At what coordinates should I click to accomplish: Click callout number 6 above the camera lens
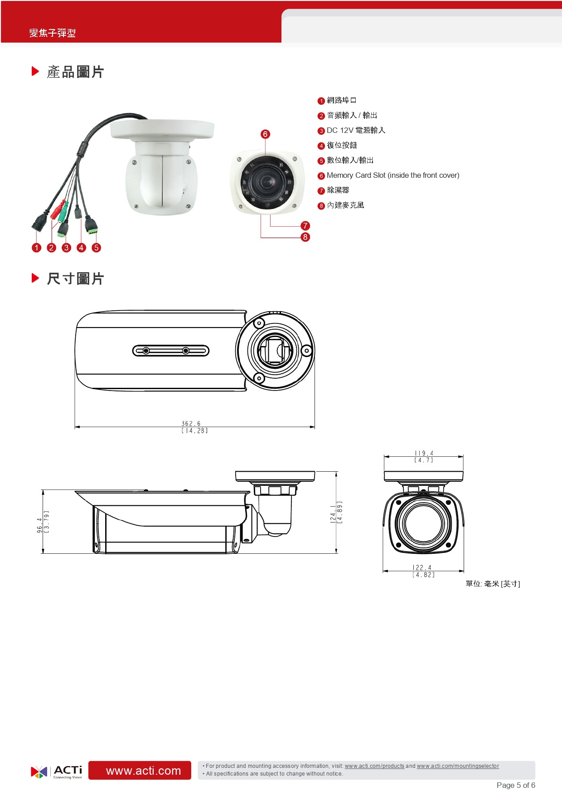(265, 134)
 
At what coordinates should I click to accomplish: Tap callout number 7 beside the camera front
(305, 225)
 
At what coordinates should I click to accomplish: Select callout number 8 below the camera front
(305, 237)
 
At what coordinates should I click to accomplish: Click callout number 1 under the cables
(37, 248)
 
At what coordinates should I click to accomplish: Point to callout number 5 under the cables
(96, 248)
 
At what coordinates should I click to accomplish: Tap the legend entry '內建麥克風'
(345, 205)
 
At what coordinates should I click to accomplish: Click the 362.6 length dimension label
(194, 427)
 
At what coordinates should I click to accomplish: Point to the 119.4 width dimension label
(424, 456)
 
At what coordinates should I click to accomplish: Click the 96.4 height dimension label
(43, 522)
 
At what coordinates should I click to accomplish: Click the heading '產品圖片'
(75, 72)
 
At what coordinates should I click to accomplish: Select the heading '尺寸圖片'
(75, 278)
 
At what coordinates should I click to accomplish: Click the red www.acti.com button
(140, 771)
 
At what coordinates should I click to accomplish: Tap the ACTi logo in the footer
(57, 771)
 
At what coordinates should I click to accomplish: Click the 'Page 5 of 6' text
(516, 786)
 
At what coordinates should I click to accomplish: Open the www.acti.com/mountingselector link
(458, 766)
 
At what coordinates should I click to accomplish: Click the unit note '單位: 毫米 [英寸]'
(493, 584)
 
